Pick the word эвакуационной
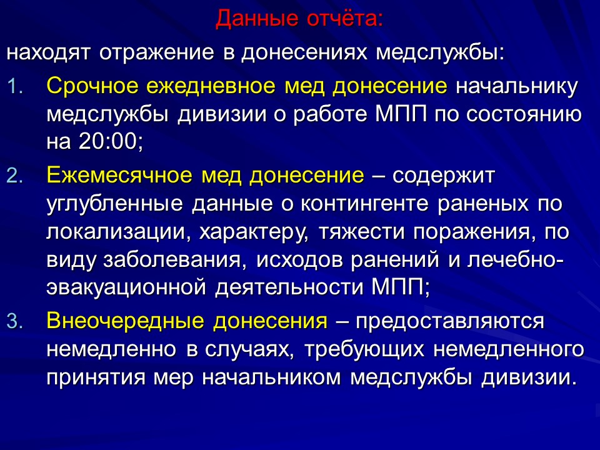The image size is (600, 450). tap(127, 287)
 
